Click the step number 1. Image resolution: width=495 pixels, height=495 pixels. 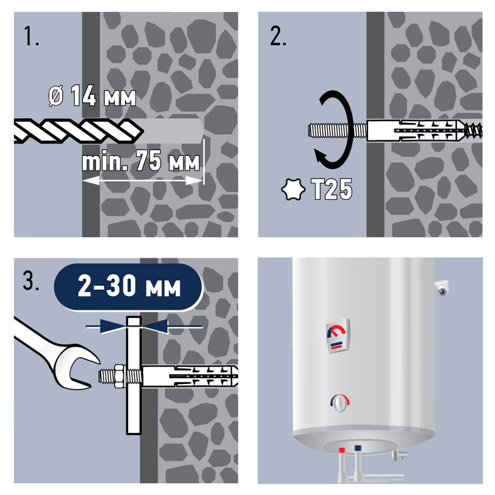point(31,36)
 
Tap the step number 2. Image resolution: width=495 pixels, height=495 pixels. point(278,36)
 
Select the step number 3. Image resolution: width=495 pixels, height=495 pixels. point(31,282)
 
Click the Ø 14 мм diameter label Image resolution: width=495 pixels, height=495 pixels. point(92,96)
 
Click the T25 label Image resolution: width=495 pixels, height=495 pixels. point(332,189)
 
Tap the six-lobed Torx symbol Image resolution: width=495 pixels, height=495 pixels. point(293,189)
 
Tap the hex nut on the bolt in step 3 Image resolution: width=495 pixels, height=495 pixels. point(119,376)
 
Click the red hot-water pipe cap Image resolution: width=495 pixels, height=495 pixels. point(342,450)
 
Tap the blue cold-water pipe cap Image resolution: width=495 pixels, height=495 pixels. point(358,448)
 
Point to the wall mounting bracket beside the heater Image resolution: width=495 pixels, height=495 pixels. point(441,288)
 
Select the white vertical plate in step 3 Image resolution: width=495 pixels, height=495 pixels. point(134,375)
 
